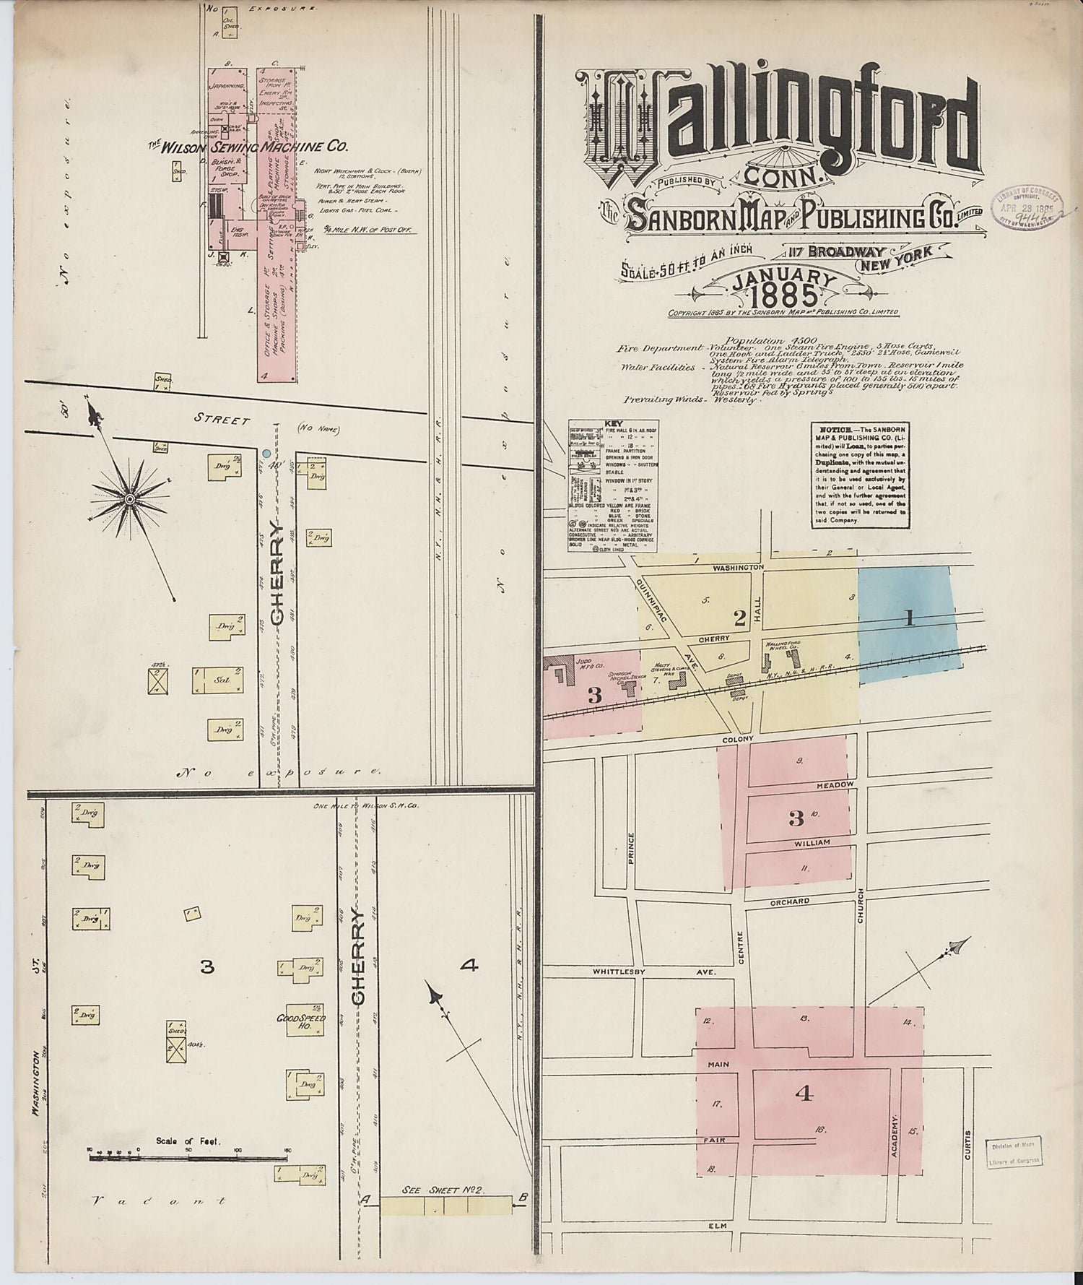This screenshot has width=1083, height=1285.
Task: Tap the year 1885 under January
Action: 785,295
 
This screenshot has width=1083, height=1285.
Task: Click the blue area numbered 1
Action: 909,619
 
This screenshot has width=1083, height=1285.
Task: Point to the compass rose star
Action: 129,498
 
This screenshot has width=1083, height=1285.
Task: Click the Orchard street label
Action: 789,901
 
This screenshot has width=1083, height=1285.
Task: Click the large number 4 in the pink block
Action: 804,1094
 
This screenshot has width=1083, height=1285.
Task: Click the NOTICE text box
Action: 859,476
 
